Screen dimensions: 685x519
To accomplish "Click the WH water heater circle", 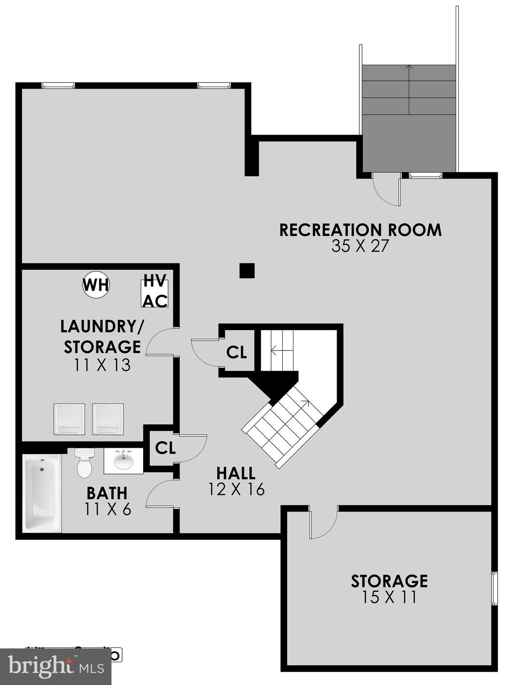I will point(96,285).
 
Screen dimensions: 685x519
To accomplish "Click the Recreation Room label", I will point(360,230).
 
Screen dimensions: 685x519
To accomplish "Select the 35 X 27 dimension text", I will point(360,246).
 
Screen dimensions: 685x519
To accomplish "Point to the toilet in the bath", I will point(84,463).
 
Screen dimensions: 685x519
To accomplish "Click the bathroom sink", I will point(123,460).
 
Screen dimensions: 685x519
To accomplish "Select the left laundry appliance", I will point(69,419).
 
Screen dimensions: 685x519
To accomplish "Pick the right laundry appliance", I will point(108,419).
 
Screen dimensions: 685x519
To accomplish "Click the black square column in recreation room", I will point(247,271).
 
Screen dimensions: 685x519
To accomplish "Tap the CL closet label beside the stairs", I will point(236,352).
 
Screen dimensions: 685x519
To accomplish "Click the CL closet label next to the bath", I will point(165,448).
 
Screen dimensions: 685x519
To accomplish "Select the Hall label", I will point(236,473).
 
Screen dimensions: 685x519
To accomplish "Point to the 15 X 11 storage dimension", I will point(389,597).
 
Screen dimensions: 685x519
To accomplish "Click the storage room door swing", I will point(323,524).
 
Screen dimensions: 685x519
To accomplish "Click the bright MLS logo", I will point(56,666).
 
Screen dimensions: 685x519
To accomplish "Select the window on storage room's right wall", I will point(494,588).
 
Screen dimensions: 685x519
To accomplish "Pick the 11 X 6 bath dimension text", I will point(108,509).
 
